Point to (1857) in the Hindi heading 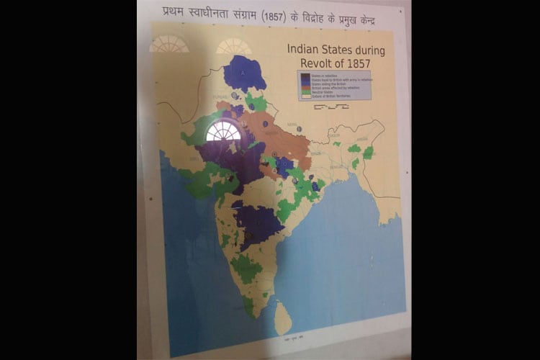[x=274, y=14]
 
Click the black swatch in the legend [x=305, y=75]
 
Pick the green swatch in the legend [x=305, y=92]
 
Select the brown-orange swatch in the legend [x=305, y=88]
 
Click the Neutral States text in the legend [x=321, y=92]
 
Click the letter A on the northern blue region [x=243, y=73]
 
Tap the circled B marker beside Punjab [x=235, y=95]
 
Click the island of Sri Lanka [x=283, y=317]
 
